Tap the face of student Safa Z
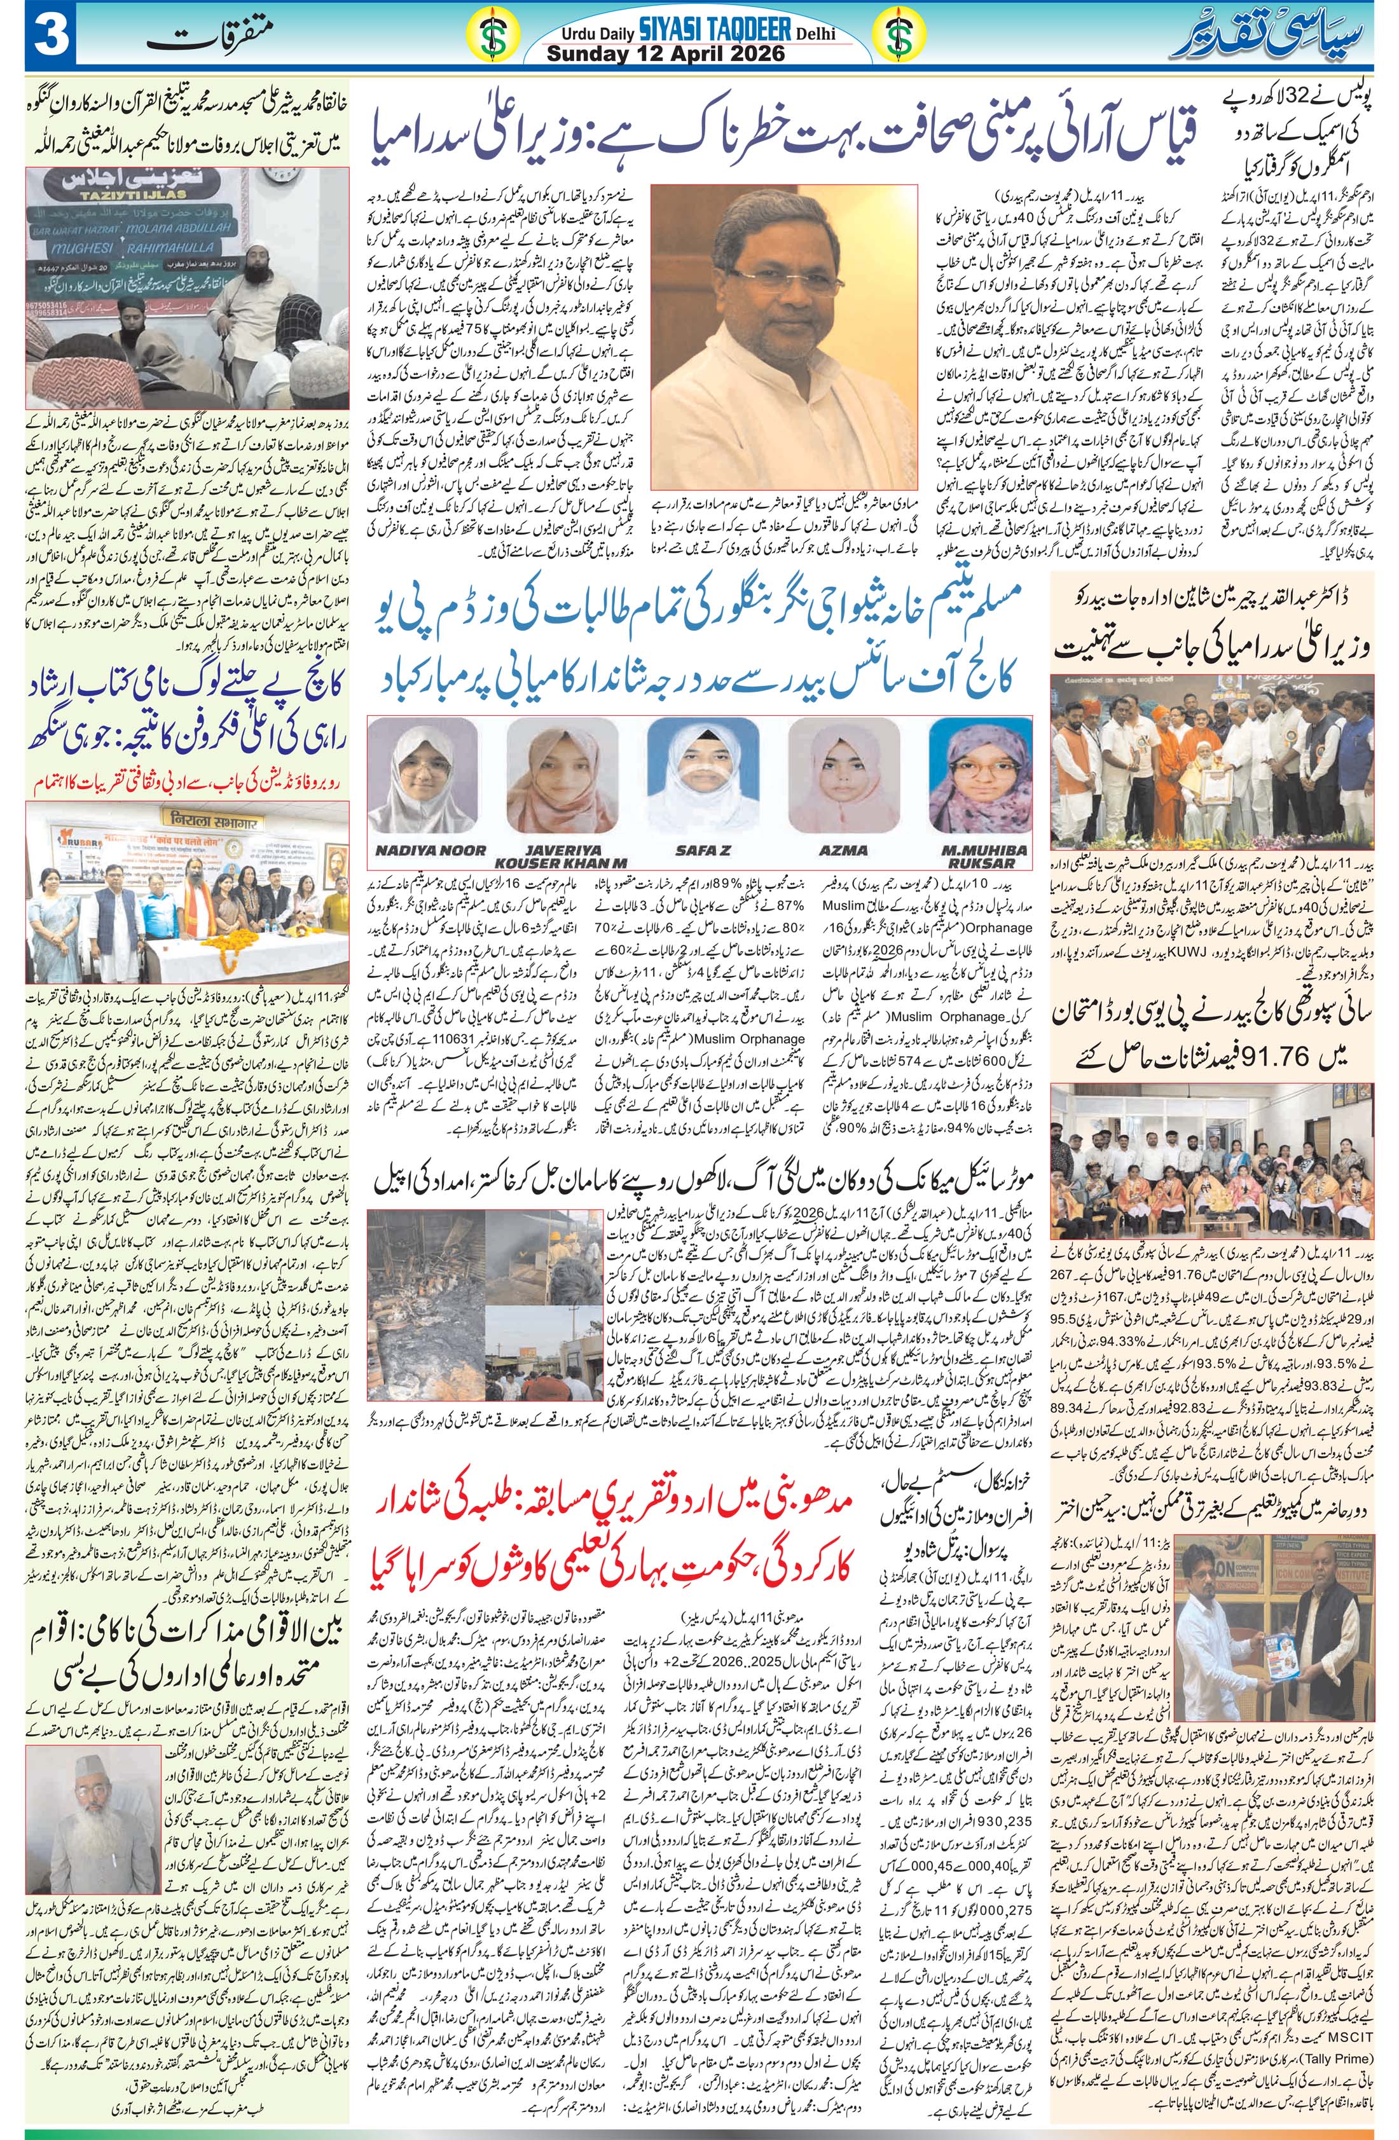pyautogui.click(x=699, y=773)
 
